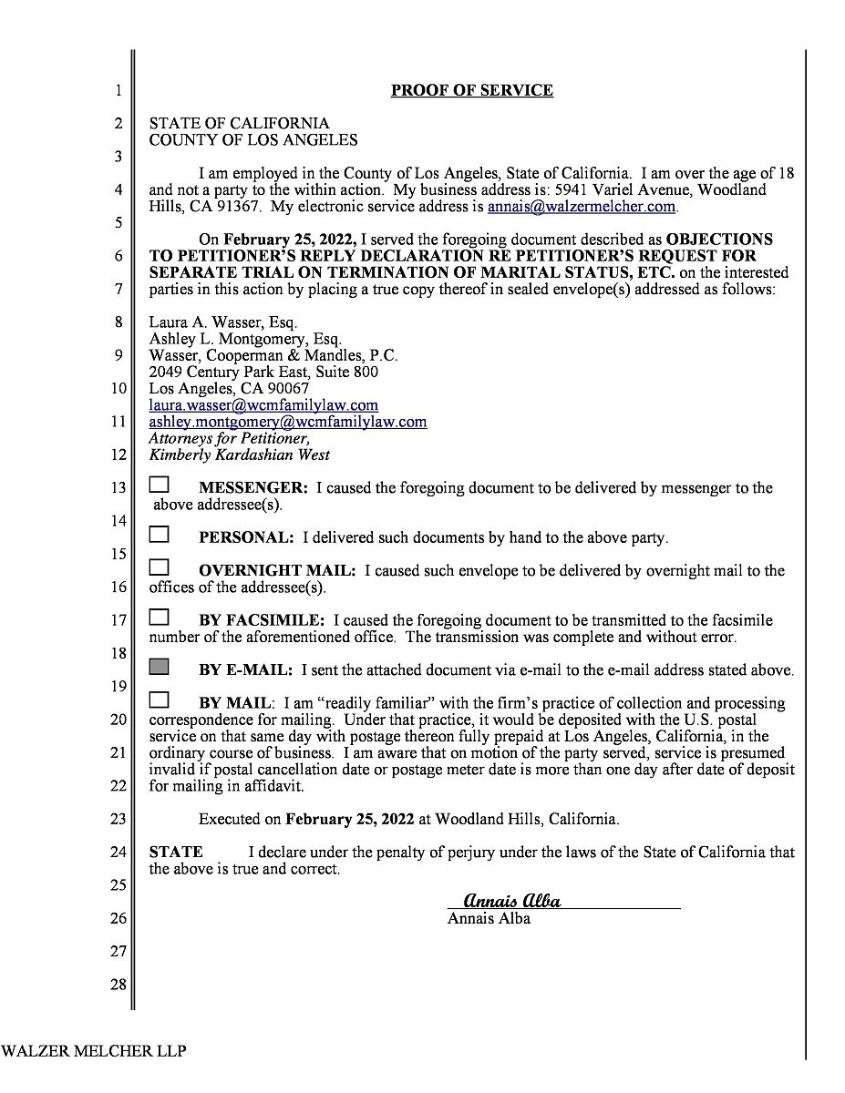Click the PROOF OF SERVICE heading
471,90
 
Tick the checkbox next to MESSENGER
160,485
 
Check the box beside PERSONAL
160,535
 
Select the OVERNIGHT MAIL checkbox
160,568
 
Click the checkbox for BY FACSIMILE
160,618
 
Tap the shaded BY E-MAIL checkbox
160,668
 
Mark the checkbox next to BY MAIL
160,700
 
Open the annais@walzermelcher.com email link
582,207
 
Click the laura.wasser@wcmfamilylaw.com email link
263,405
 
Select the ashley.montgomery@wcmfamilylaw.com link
287,423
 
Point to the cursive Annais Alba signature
511,901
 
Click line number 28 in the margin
118,984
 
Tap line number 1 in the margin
118,90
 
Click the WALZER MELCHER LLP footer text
93,1051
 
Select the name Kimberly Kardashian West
239,455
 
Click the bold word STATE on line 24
176,853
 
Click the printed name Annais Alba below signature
489,918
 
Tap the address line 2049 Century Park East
263,372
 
